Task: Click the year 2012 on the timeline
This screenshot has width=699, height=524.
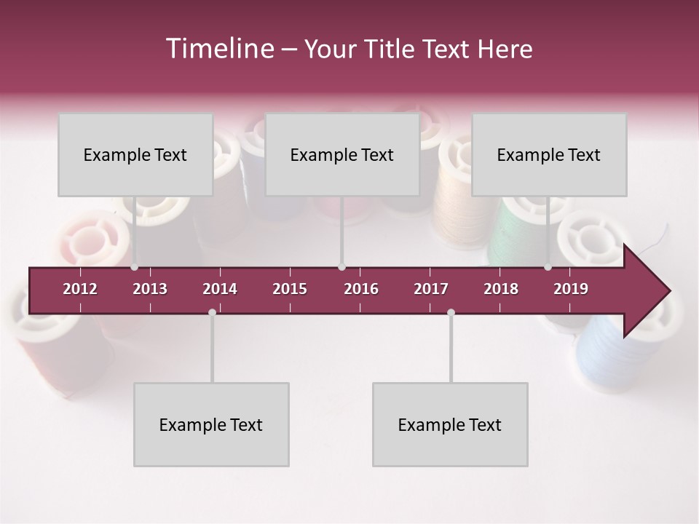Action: (80, 289)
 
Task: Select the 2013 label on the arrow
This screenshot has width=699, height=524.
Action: (150, 289)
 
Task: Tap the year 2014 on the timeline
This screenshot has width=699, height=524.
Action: (220, 289)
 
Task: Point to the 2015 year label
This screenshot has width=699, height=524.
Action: (290, 289)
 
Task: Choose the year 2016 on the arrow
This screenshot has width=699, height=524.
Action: (361, 289)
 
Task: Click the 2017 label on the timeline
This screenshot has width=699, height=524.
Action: (431, 289)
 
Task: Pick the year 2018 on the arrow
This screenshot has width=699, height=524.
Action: (501, 289)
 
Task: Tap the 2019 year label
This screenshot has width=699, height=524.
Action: (571, 289)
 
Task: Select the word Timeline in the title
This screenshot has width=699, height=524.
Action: (218, 49)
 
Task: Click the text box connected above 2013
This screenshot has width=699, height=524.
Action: (135, 154)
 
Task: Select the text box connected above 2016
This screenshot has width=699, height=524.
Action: (342, 154)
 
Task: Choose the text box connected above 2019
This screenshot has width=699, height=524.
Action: (549, 154)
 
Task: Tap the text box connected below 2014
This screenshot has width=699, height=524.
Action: (211, 424)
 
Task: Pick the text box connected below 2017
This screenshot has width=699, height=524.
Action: (450, 424)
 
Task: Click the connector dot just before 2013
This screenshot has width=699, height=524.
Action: (134, 267)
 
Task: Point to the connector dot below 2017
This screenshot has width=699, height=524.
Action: (451, 312)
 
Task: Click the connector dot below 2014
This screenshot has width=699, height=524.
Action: (212, 312)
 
